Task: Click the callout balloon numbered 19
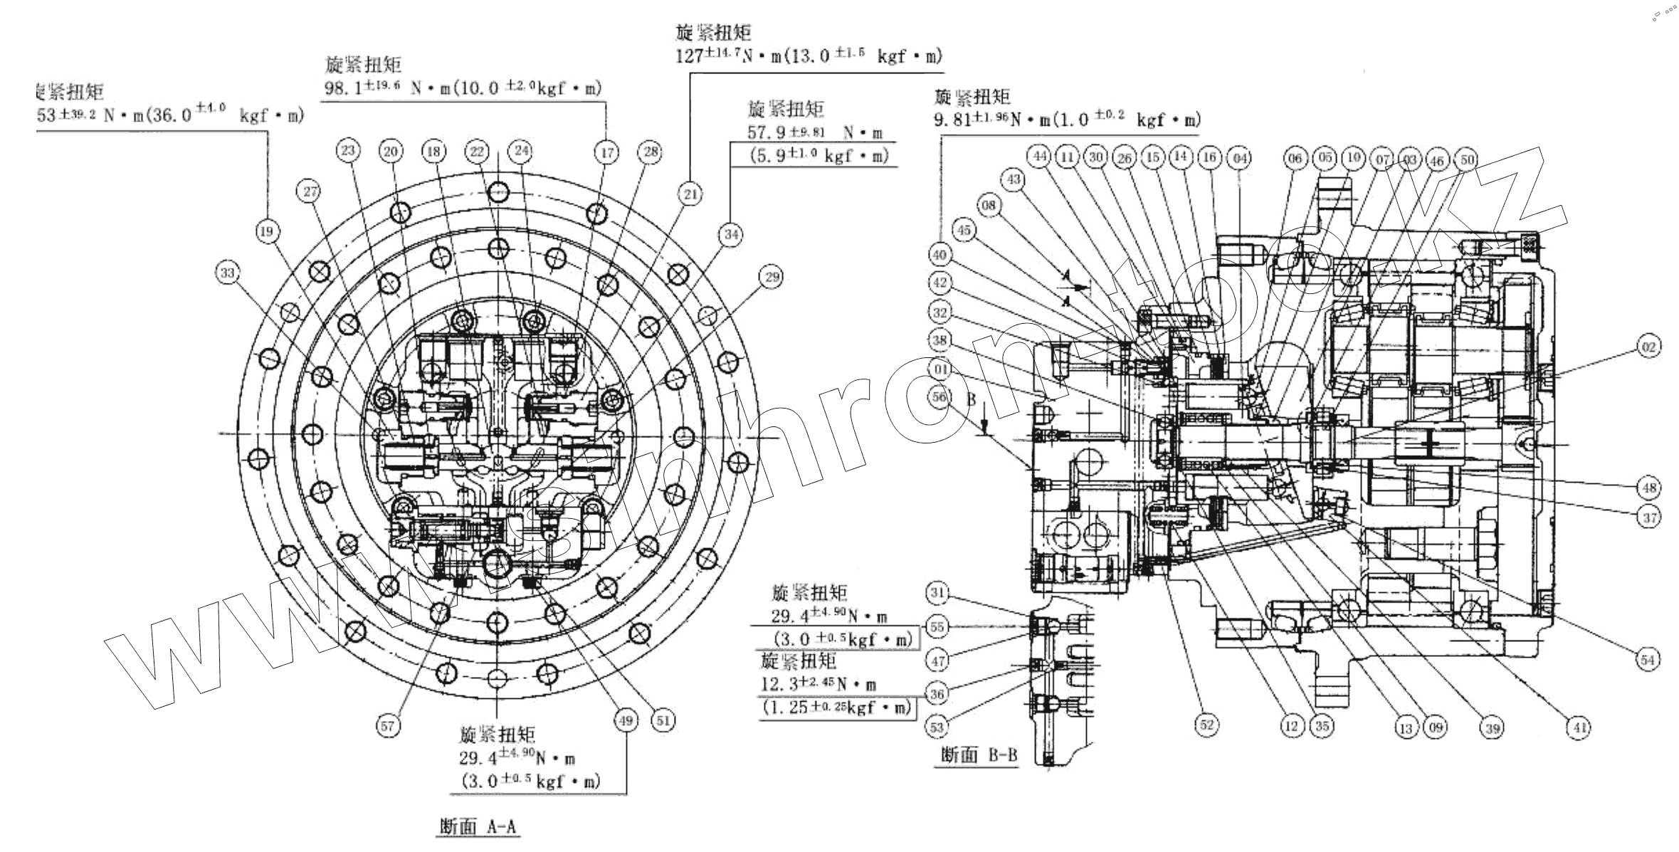(x=267, y=232)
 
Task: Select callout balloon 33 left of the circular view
(x=228, y=273)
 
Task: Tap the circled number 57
(x=388, y=725)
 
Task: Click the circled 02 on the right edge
(x=1649, y=347)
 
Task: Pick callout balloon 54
(x=1648, y=660)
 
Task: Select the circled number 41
(x=1580, y=727)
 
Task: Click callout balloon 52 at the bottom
(x=1206, y=725)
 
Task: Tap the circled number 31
(x=938, y=593)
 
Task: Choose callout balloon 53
(x=937, y=727)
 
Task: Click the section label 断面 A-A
(x=478, y=827)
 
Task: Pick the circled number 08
(x=989, y=206)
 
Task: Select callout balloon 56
(x=940, y=397)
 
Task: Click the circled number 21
(x=690, y=194)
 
